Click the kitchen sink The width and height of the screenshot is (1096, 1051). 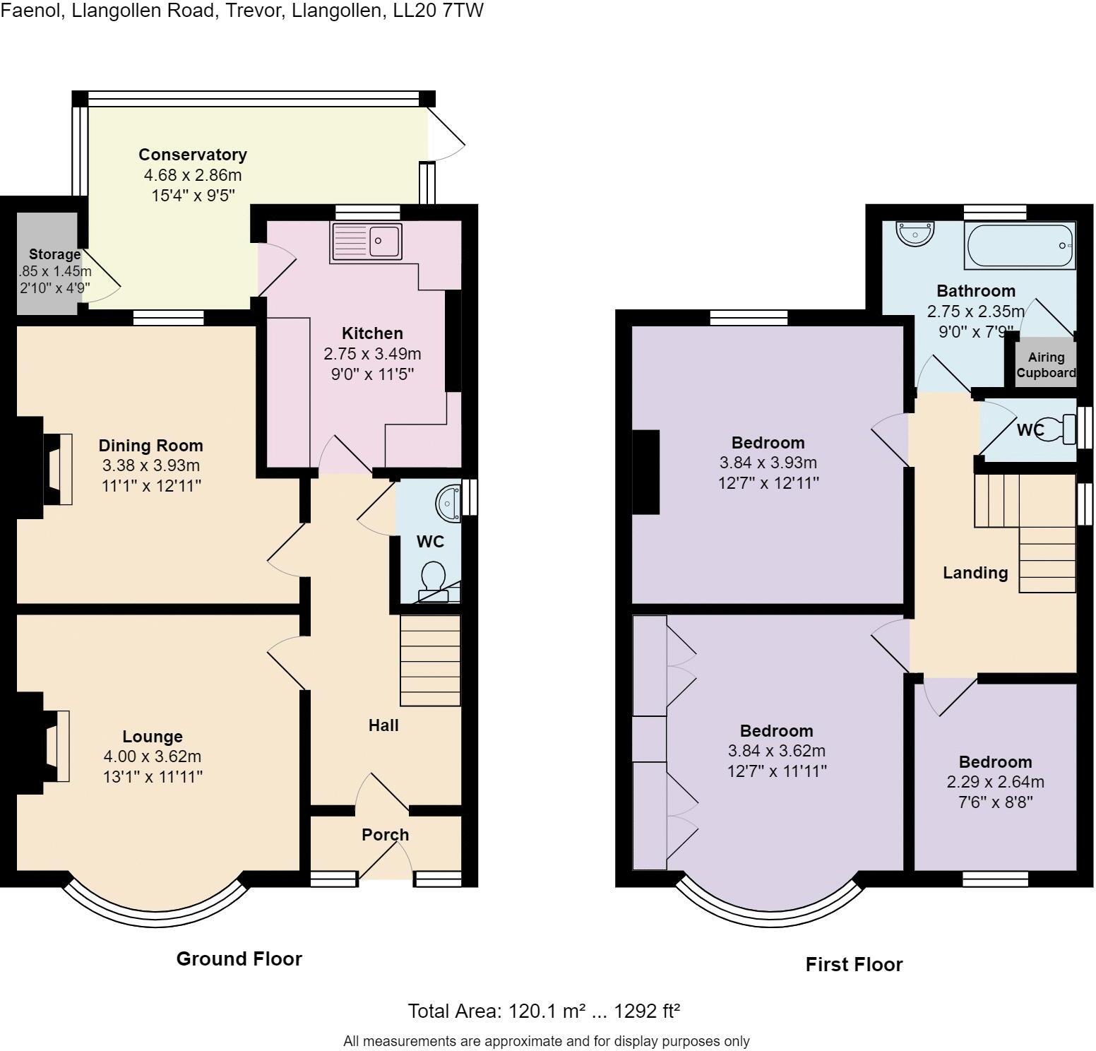(x=366, y=242)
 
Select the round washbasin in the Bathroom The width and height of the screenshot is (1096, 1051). (x=915, y=232)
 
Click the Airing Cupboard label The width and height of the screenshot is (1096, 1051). (x=1046, y=365)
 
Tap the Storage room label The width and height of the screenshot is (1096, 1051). (x=54, y=254)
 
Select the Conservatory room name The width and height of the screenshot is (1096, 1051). (x=192, y=155)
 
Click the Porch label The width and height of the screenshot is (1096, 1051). (x=385, y=835)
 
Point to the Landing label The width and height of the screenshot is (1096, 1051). (x=975, y=573)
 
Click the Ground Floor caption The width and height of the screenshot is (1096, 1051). (x=239, y=958)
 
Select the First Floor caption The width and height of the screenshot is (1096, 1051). (x=854, y=964)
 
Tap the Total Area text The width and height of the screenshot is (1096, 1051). (x=543, y=1011)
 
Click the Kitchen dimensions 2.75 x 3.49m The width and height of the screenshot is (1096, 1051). (x=371, y=354)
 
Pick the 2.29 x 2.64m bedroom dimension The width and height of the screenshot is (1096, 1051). (x=995, y=782)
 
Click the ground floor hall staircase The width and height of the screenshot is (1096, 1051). (x=430, y=660)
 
